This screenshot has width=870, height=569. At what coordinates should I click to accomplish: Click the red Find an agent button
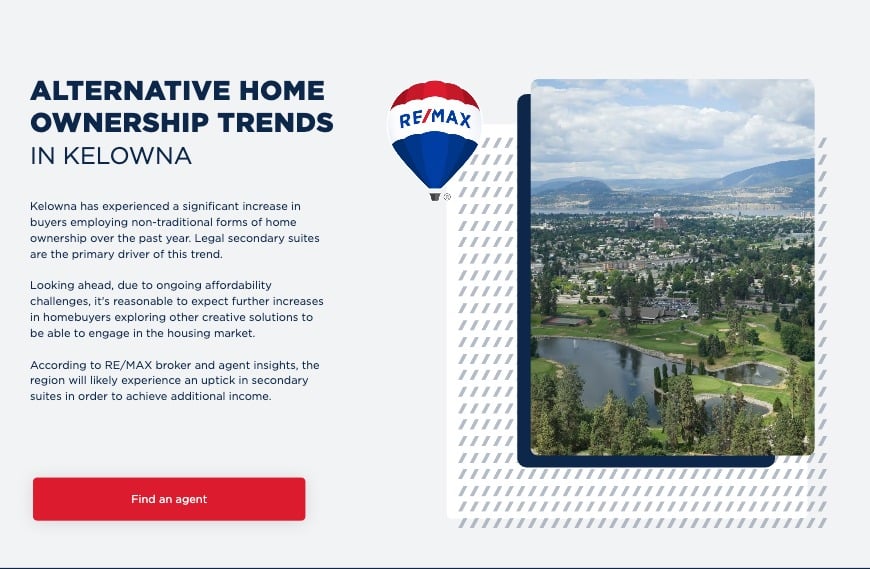click(x=169, y=499)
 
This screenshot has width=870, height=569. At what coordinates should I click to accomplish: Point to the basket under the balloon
click(x=435, y=197)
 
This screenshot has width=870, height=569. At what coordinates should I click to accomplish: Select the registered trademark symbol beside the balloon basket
click(x=447, y=197)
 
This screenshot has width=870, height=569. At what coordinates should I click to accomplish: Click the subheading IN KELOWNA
click(x=111, y=156)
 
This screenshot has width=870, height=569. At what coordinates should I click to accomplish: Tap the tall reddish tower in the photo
click(x=659, y=221)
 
